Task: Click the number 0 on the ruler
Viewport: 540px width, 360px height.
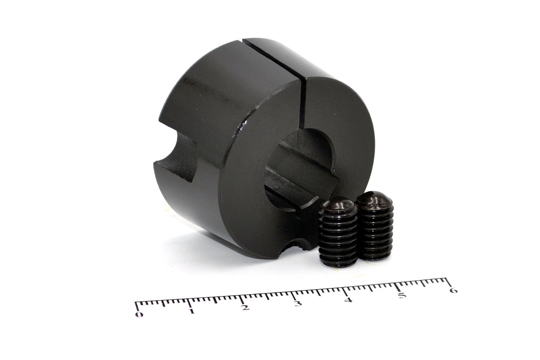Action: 139,314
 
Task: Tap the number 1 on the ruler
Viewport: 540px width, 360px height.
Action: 192,311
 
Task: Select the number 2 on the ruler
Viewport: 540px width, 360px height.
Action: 246,307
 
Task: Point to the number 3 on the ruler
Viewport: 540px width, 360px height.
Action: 298,303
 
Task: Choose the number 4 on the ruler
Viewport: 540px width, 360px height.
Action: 348,300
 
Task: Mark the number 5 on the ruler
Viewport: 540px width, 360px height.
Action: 402,295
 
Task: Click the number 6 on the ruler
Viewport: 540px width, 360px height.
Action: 454,290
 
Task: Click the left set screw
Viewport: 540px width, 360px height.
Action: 338,232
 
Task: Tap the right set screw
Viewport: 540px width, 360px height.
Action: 375,225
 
